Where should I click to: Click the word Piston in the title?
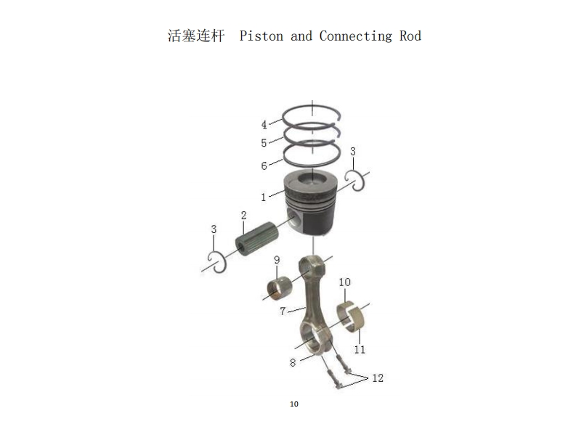[261, 36]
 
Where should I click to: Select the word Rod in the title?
[410, 36]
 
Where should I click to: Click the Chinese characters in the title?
[196, 36]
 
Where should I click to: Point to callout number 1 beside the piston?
[264, 197]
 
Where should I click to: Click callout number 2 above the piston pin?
[244, 216]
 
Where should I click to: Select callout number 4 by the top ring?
[264, 125]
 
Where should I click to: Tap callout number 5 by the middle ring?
[264, 143]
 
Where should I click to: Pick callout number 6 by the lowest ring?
[264, 166]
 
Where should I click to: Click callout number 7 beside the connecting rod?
[283, 311]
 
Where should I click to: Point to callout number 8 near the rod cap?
[293, 362]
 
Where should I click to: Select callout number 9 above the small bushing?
[277, 261]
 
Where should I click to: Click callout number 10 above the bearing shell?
[344, 282]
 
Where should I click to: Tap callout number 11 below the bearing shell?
[360, 349]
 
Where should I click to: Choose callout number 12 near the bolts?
[378, 378]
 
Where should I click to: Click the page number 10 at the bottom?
[293, 404]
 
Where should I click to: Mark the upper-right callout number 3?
[353, 152]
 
